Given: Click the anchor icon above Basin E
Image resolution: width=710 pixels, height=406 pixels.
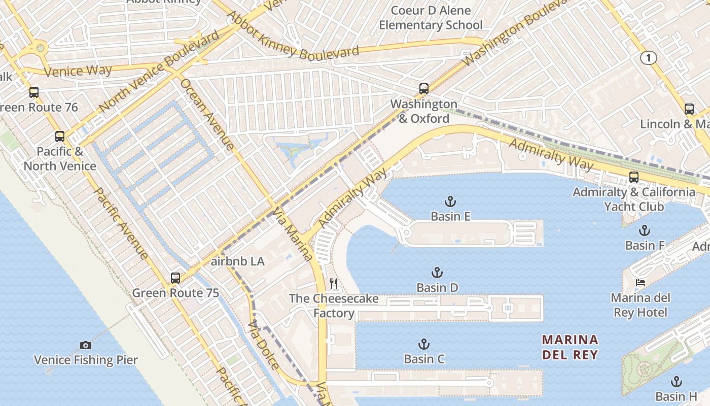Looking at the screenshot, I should click(450, 201).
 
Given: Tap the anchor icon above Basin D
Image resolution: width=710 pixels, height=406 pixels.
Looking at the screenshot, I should click(437, 273).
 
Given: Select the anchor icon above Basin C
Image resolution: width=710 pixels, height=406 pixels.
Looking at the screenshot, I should click(423, 345).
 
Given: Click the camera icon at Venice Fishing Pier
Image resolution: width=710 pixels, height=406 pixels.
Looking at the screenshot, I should click(86, 346).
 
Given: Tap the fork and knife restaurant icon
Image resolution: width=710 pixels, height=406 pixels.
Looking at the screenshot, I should click(334, 284).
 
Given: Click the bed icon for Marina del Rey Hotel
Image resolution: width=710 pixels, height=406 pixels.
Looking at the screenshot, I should click(641, 283).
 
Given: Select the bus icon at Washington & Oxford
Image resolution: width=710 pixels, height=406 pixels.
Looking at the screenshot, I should click(424, 89).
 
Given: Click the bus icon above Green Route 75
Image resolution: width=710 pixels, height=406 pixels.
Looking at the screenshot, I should click(175, 278).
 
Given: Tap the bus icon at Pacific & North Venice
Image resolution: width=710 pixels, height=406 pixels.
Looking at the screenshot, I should click(60, 137).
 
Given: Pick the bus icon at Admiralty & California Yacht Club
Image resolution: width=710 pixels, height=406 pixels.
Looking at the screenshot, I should click(634, 177).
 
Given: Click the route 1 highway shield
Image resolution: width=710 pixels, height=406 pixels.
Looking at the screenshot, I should click(648, 58).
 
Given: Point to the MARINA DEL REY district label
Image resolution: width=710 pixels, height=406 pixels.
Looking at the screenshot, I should click(570, 347).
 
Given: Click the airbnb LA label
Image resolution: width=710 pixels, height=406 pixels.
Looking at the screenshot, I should click(237, 261).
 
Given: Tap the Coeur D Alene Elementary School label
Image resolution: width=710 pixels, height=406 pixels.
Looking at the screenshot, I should click(431, 18).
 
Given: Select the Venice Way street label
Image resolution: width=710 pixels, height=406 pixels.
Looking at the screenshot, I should click(78, 71).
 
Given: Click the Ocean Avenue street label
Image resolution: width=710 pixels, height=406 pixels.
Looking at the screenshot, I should click(207, 114).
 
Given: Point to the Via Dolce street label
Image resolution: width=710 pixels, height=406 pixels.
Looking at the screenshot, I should click(264, 345).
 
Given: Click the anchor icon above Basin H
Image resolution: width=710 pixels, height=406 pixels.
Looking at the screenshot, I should click(676, 382).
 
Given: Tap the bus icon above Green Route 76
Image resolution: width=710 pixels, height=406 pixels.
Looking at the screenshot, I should click(34, 92).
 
